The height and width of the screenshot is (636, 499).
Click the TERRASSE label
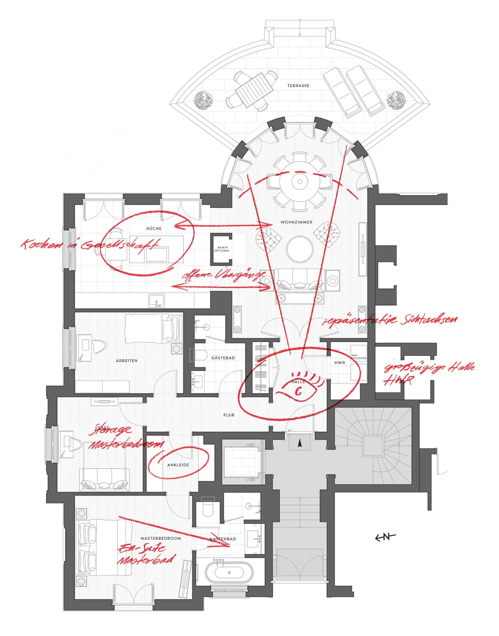click(x=298, y=86)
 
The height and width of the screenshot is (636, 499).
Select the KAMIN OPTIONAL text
click(x=222, y=249)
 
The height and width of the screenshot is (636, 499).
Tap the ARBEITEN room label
click(x=126, y=361)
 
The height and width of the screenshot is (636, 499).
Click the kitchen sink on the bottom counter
click(x=157, y=301)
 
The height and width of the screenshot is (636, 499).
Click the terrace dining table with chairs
click(x=251, y=90)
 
